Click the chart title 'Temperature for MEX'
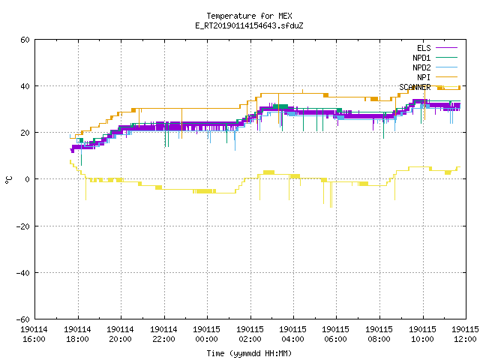point(249,16)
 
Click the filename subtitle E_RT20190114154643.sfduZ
point(249,25)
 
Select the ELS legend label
point(424,48)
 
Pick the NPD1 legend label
point(421,58)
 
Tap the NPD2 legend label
point(421,67)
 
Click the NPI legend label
point(424,77)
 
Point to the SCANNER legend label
point(415,87)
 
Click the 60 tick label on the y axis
point(25,40)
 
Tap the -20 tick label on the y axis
point(23,226)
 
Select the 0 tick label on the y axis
point(28,179)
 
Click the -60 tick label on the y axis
point(23,319)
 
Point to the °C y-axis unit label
point(8,180)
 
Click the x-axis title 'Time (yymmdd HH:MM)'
point(249,353)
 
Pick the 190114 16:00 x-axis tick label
point(34,334)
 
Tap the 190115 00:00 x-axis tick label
point(207,334)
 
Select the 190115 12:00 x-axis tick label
point(465,334)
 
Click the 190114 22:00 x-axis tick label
point(163,334)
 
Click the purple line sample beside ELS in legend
point(446,48)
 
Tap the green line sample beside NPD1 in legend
point(446,58)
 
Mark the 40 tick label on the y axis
point(25,86)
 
